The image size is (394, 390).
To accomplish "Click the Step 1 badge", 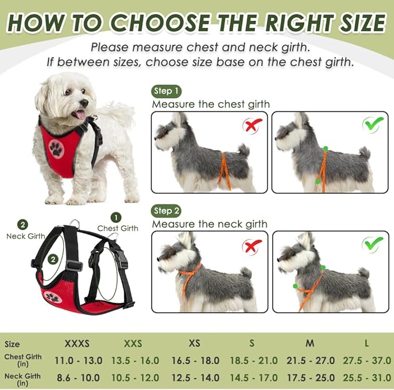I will [x=167, y=91].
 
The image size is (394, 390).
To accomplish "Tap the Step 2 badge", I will [x=167, y=211].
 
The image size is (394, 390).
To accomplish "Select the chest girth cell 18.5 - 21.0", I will [x=253, y=360].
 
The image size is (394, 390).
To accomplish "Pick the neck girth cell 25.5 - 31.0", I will [x=366, y=377].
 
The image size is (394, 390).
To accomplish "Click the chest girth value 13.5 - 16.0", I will [x=135, y=360].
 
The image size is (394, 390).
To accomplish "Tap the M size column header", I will [x=310, y=343].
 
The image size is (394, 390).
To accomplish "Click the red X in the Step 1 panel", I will [x=252, y=125].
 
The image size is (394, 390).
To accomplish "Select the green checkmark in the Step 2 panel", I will [x=373, y=244].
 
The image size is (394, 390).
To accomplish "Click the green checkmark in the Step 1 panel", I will [x=373, y=124].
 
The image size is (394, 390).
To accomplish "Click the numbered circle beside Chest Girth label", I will [x=117, y=217].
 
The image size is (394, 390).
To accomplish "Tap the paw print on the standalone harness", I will [x=53, y=297].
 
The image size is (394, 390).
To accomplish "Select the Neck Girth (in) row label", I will [x=22, y=379].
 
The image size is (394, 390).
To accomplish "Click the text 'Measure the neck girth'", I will [x=209, y=224].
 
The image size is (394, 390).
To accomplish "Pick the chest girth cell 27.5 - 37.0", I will [x=366, y=360].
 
